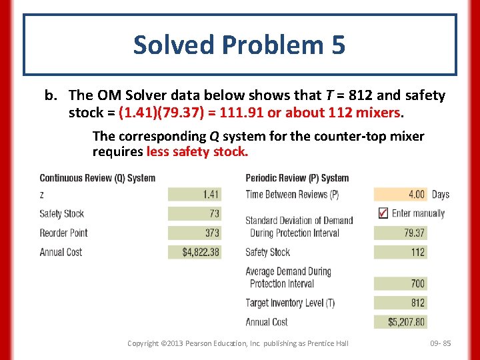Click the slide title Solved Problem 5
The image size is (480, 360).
[x=239, y=45]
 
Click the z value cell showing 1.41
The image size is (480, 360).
[x=194, y=195]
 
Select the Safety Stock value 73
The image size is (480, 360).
[x=194, y=214]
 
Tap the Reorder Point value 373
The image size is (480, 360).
[x=194, y=233]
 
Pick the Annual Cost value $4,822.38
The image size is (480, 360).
[x=194, y=252]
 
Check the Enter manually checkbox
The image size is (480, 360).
[x=383, y=213]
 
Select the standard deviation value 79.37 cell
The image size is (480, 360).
[x=401, y=233]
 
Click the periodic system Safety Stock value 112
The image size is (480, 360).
[x=401, y=252]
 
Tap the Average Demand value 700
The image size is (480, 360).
[x=401, y=283]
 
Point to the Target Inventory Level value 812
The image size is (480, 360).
[x=401, y=303]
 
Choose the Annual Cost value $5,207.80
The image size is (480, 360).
[x=401, y=322]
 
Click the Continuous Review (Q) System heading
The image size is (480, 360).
[x=97, y=178]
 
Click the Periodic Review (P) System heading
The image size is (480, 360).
[x=297, y=178]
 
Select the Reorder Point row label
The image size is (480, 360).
[x=63, y=233]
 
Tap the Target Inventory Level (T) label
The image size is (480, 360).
[x=290, y=303]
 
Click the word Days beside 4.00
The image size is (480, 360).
[x=440, y=195]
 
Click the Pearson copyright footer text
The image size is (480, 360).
[x=238, y=343]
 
